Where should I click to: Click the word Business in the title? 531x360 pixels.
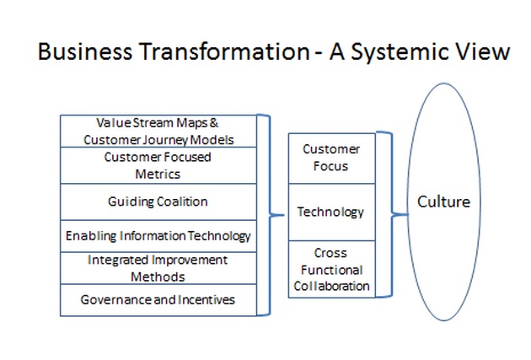tap(85, 51)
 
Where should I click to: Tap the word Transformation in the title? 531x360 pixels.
tap(225, 51)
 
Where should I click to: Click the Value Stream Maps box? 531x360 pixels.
tap(158, 131)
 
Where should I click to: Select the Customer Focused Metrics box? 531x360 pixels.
tap(158, 165)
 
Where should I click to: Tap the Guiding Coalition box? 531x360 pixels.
tap(158, 202)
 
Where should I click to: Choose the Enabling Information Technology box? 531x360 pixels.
tap(158, 236)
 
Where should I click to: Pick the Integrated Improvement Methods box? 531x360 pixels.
tap(158, 268)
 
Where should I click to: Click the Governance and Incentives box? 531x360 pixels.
tap(158, 300)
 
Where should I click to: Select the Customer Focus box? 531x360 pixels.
tap(332, 159)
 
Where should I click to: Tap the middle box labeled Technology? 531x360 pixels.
tap(332, 212)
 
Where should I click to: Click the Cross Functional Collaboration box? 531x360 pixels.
tap(332, 269)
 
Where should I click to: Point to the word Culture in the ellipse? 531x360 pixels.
tap(443, 201)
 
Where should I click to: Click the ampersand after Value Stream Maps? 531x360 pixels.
tap(214, 122)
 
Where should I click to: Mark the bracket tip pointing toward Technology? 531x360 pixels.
tap(284, 215)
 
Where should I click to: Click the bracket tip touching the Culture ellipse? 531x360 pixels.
tap(407, 214)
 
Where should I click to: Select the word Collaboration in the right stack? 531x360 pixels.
tap(331, 286)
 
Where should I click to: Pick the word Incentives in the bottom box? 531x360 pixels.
tap(206, 299)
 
